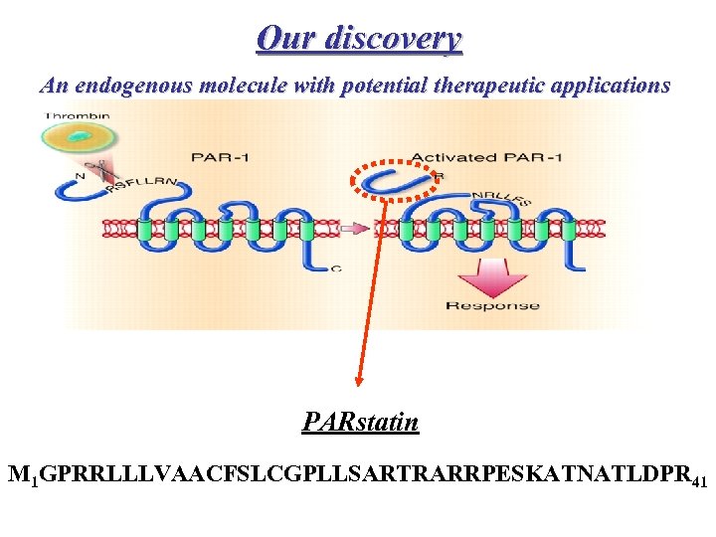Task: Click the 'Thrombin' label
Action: [x=79, y=116]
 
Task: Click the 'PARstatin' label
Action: [x=360, y=424]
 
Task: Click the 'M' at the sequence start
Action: [x=17, y=474]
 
